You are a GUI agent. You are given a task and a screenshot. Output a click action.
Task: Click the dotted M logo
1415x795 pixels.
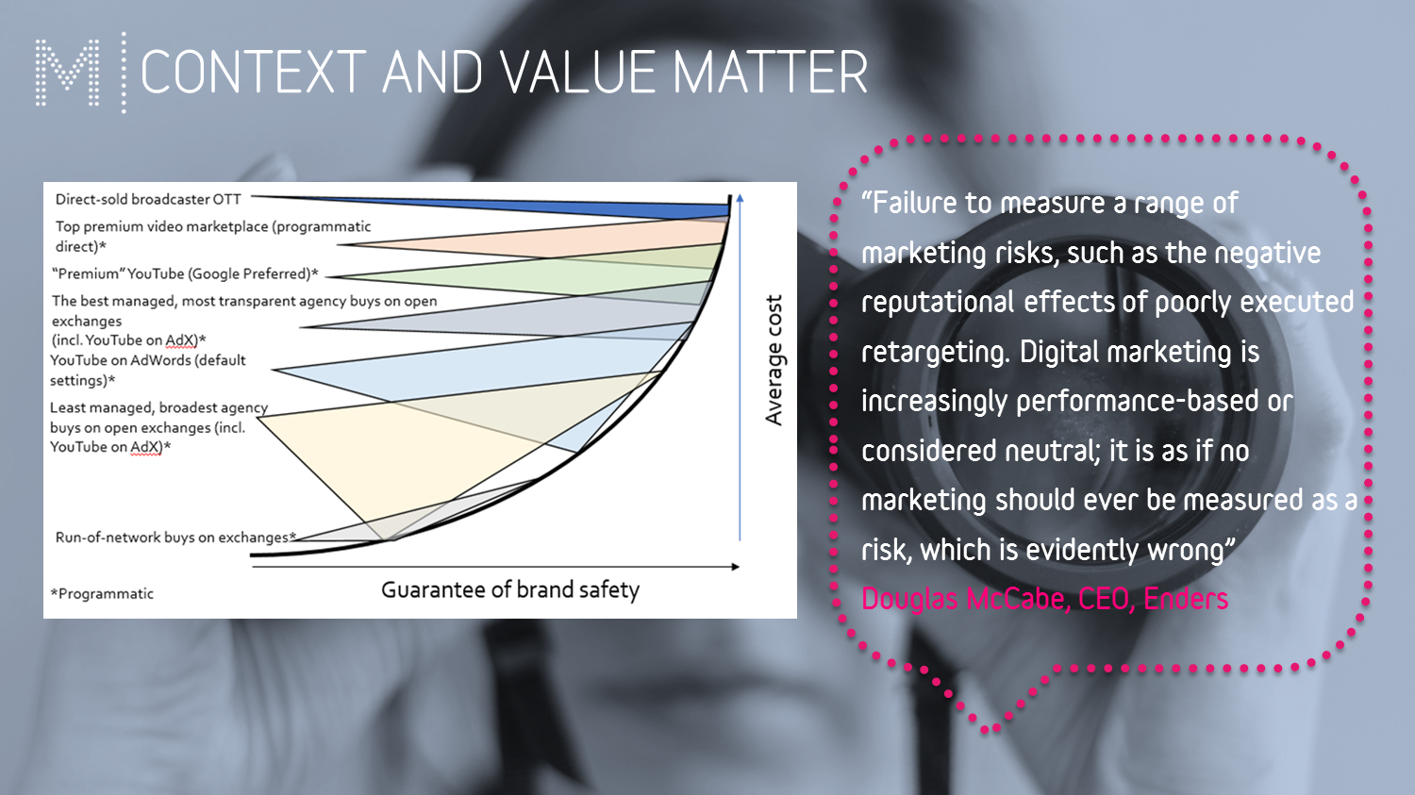pos(68,72)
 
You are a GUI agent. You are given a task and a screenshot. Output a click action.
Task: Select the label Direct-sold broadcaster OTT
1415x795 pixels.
pos(148,200)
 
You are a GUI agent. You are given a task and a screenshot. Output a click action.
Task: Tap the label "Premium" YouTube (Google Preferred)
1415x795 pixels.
pos(185,274)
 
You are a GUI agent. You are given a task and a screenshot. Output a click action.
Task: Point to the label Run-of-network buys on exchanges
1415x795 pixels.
pos(175,538)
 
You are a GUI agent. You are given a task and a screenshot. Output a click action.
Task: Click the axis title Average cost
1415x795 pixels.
pos(774,360)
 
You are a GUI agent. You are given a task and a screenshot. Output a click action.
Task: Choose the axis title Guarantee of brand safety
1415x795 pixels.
pos(510,589)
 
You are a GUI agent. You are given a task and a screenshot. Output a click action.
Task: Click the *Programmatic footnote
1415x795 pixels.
pos(102,593)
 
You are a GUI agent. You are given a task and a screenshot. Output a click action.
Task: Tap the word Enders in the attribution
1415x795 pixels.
pos(1186,599)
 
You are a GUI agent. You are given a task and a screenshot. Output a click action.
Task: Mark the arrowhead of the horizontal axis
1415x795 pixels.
pos(735,567)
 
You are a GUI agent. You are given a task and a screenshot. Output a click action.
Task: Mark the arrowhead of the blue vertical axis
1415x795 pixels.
pos(740,198)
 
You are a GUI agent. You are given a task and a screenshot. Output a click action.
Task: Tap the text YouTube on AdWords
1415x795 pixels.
pos(120,360)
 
